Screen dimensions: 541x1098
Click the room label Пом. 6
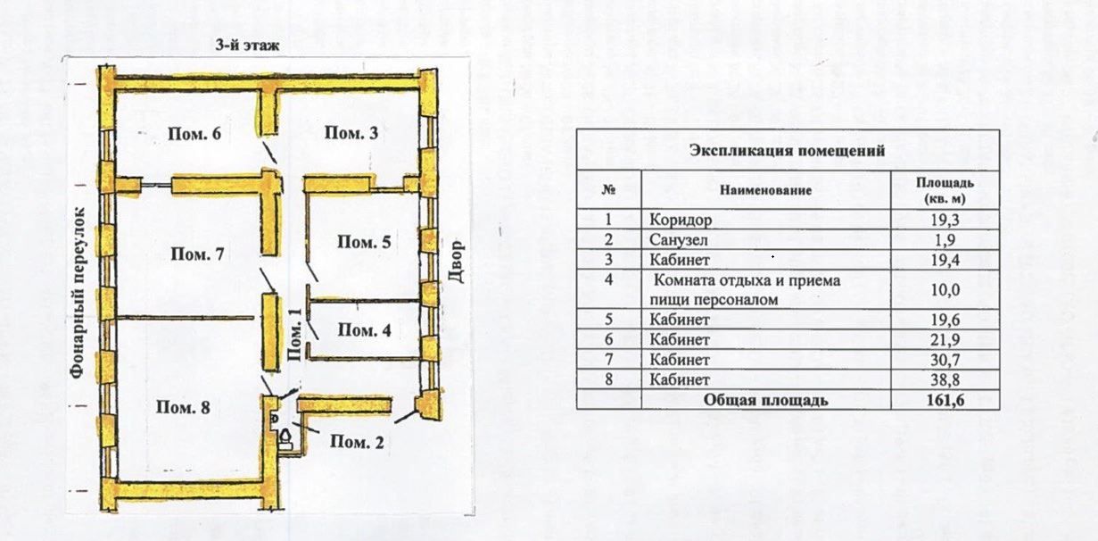point(194,134)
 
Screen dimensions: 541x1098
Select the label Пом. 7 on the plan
point(197,254)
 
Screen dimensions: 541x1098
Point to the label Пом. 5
point(364,242)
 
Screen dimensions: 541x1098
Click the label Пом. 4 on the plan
point(364,330)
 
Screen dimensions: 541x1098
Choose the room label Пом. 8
point(183,408)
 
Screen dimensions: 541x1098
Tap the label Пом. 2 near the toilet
point(357,441)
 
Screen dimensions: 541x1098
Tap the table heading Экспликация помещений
point(787,150)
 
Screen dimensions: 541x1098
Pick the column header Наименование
point(766,190)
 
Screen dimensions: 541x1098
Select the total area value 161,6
point(946,400)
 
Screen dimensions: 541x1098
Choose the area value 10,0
point(946,289)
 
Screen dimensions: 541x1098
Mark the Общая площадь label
point(766,400)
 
